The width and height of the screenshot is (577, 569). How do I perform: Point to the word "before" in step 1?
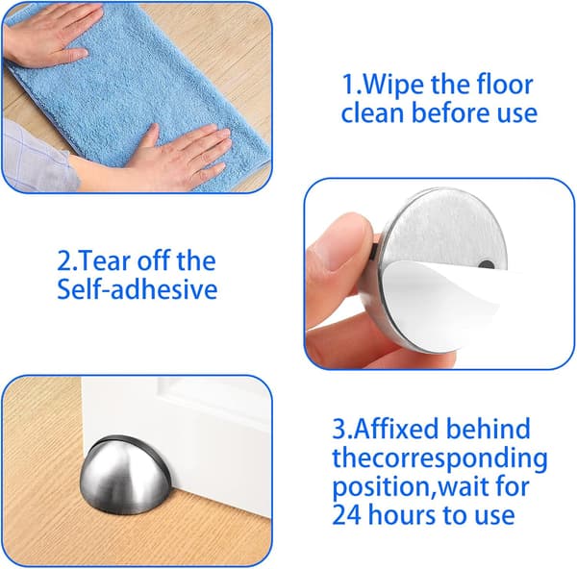[x=451, y=112]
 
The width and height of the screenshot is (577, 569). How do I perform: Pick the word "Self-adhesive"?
[x=138, y=288]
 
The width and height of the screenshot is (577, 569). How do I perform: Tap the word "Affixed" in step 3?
[x=396, y=428]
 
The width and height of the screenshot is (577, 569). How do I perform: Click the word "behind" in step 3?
[x=489, y=428]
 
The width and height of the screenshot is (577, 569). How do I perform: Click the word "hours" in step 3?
[x=402, y=514]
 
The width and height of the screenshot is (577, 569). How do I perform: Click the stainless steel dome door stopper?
[x=125, y=476]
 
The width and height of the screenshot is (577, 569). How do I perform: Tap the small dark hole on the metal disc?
[x=487, y=264]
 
